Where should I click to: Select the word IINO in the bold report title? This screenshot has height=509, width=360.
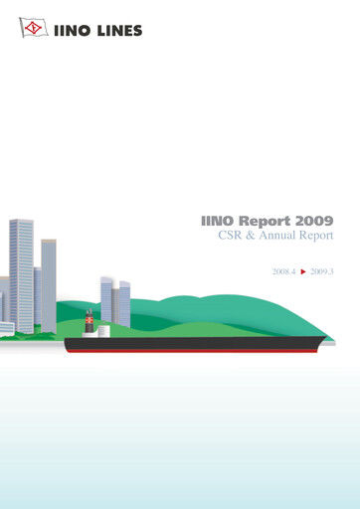217,220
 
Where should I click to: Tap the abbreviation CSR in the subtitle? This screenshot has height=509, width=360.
232,238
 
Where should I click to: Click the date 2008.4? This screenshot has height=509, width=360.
284,270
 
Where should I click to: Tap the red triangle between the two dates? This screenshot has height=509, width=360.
302,270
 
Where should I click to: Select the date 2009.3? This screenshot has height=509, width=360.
321,270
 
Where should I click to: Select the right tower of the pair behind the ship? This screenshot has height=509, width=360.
124,304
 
